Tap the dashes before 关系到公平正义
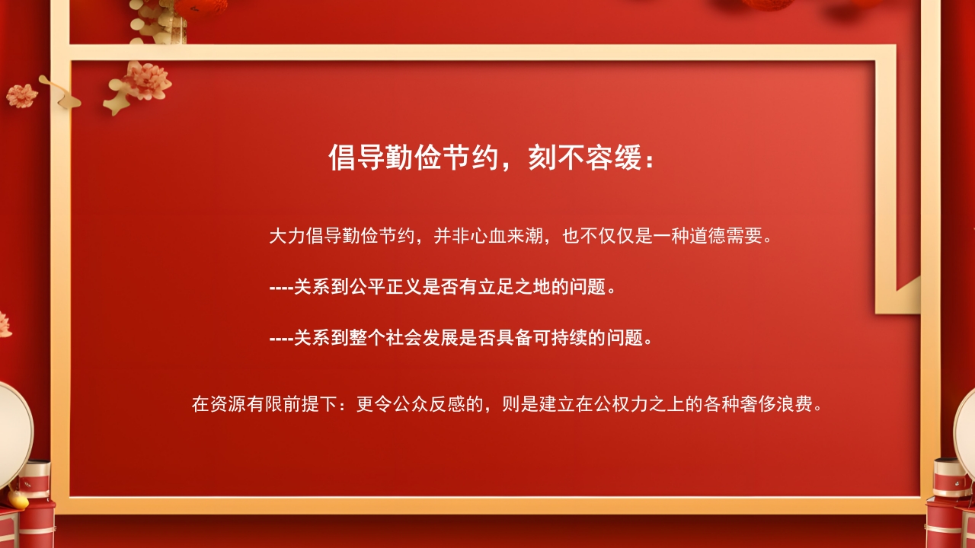(281, 288)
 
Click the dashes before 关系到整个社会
(281, 338)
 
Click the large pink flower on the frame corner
(146, 80)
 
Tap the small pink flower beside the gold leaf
(22, 95)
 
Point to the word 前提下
(311, 403)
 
